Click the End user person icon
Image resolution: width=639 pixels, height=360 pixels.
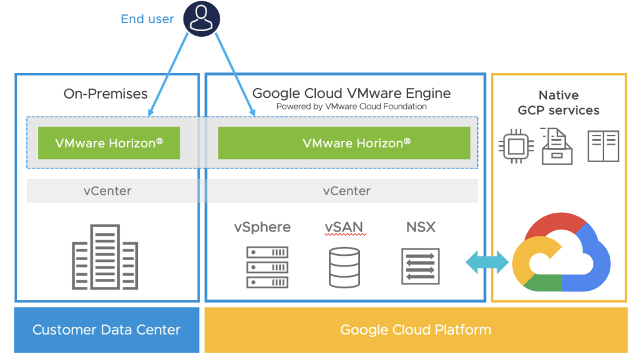202,18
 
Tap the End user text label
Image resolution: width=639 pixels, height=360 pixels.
147,19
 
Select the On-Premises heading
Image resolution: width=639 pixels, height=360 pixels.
105,94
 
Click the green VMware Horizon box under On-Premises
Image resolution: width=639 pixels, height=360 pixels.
109,143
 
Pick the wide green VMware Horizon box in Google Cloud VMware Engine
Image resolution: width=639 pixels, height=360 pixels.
344,143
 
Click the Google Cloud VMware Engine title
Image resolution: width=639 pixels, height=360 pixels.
351,94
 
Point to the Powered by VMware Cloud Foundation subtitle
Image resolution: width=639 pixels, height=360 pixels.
351,107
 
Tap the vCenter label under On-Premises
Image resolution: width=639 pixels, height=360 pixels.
107,191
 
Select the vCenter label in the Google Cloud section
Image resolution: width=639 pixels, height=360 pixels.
346,191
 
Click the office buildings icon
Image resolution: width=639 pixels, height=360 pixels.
105,256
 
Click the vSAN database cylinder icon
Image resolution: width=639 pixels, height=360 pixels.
344,267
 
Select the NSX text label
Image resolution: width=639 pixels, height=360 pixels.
421,227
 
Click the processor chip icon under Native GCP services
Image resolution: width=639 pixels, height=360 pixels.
515,147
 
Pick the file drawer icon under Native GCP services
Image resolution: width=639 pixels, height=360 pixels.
556,146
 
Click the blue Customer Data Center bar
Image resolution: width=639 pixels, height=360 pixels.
107,330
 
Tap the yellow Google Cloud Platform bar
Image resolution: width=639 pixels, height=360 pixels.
416,330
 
